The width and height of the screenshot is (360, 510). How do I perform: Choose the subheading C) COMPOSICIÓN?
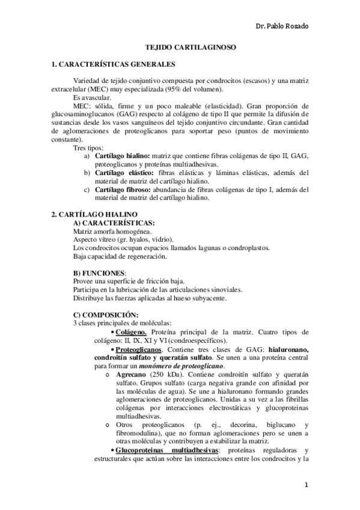105,315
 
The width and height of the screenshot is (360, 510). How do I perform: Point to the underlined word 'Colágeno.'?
132,332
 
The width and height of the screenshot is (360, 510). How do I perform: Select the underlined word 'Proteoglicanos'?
138,349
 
